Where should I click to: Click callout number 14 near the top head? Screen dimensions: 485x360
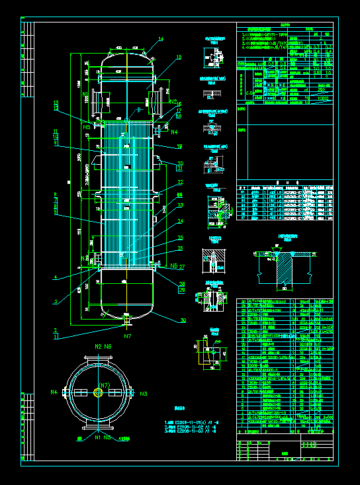pos(160,40)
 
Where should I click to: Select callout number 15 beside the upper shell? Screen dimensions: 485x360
pos(178,58)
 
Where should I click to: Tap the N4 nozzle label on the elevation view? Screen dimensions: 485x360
pos(175,132)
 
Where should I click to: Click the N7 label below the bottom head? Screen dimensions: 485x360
pos(127,337)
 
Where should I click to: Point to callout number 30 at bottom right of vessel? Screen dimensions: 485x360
pos(183,320)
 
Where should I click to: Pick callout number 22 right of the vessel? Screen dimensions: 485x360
pos(180,183)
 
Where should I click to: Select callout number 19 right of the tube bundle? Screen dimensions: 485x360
pos(179,146)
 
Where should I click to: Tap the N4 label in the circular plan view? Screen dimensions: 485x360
pos(54,392)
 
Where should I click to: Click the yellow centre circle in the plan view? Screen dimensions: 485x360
pos(99,392)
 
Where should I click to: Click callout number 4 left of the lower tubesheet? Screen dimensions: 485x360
pos(56,277)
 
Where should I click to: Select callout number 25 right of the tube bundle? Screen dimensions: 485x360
pos(181,238)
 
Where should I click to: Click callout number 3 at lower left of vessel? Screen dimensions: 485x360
pos(56,301)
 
